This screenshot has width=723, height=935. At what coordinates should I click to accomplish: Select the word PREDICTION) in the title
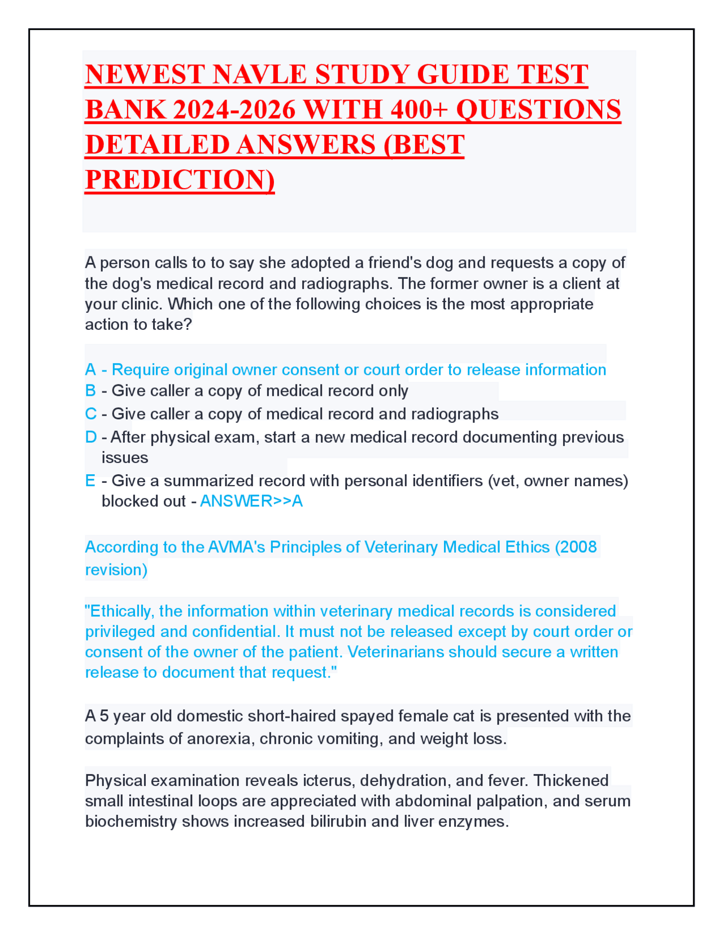click(x=180, y=180)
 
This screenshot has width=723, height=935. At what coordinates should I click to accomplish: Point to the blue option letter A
click(x=90, y=370)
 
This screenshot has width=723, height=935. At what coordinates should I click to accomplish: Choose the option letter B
click(x=90, y=391)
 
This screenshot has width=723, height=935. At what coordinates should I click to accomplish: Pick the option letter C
click(x=90, y=414)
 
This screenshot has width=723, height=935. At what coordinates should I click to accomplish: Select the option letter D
click(x=91, y=437)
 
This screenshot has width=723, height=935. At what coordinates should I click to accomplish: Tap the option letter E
click(x=90, y=480)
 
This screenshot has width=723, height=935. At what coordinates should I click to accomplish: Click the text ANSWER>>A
click(x=251, y=501)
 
